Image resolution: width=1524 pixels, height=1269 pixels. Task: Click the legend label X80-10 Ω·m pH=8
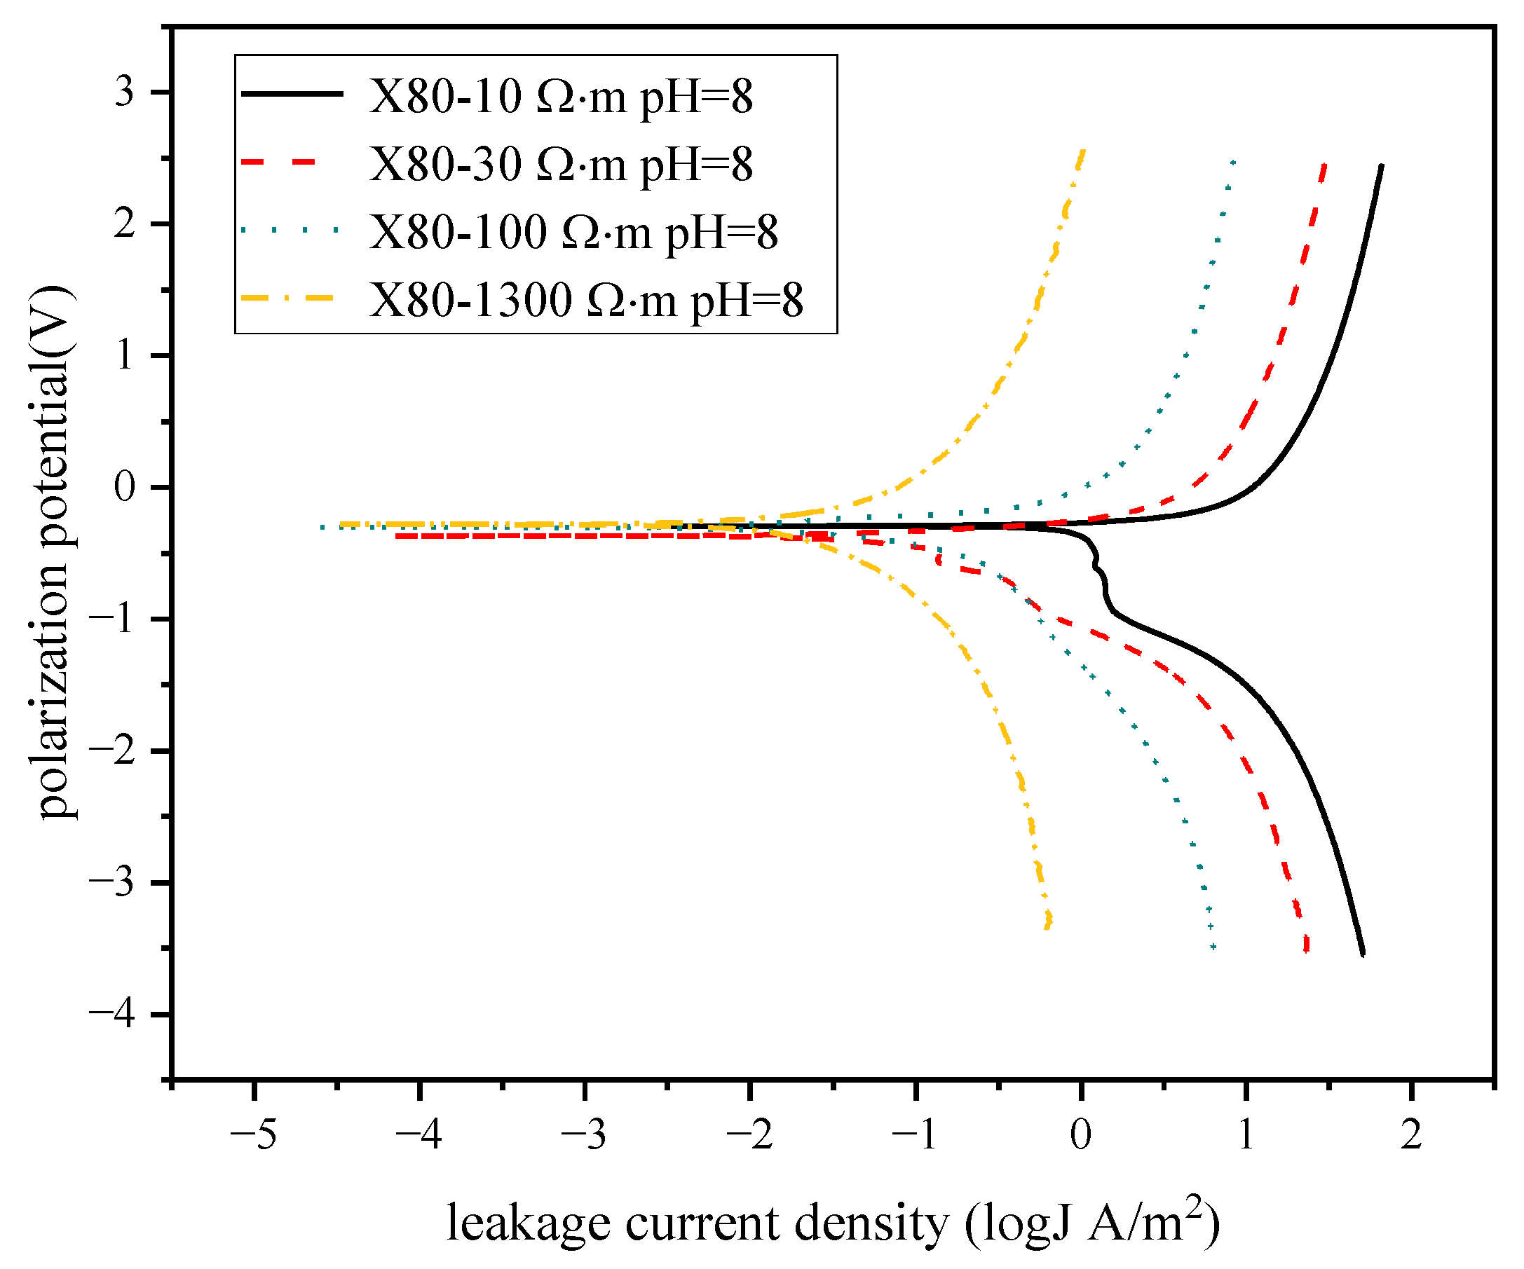(x=560, y=97)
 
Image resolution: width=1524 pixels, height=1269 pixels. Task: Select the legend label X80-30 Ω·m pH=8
(x=560, y=165)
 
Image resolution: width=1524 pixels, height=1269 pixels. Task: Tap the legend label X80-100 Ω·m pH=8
(x=573, y=232)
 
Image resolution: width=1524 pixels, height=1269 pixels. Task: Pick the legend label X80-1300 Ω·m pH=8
(x=585, y=300)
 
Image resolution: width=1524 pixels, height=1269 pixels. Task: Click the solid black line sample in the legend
(x=292, y=93)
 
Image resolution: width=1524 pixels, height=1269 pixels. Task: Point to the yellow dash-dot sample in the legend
(x=288, y=298)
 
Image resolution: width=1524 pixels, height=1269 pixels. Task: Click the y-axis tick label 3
(x=124, y=93)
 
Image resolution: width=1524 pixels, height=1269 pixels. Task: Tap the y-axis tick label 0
(x=124, y=487)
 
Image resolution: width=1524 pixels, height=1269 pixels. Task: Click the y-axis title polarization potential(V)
(x=57, y=551)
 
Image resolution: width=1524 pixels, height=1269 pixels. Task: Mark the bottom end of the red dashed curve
(x=1306, y=949)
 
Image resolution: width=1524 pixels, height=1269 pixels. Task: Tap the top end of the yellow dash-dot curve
(x=1083, y=151)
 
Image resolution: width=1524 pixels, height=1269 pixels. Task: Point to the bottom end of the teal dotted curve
(x=1213, y=947)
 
